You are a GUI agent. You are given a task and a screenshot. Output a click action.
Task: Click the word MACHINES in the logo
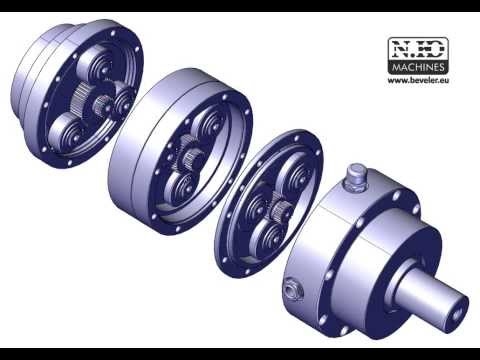(x=418, y=68)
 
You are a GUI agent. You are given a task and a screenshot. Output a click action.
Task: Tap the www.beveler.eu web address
(x=418, y=80)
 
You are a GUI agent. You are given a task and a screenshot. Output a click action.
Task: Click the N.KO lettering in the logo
(x=418, y=50)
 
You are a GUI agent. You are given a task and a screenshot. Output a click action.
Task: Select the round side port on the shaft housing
(x=292, y=290)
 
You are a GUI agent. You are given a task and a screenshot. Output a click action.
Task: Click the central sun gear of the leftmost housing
(x=102, y=104)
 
